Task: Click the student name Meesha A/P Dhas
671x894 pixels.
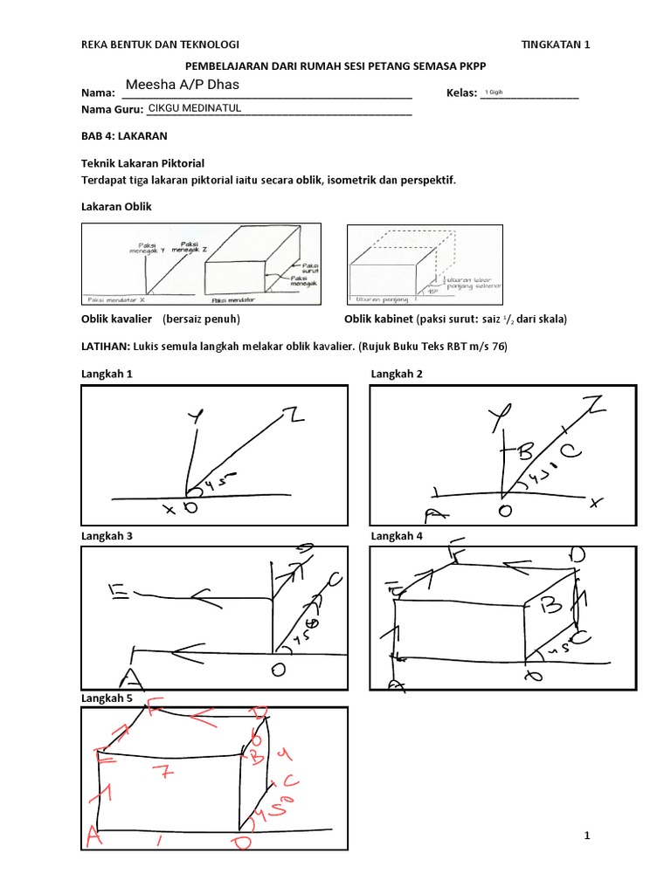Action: (182, 85)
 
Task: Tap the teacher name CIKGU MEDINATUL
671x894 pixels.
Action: (194, 108)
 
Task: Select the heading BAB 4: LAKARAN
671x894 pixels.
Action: (123, 136)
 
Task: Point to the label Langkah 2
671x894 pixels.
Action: (397, 374)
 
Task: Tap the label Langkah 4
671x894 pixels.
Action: (397, 536)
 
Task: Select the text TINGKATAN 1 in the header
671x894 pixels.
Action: (556, 45)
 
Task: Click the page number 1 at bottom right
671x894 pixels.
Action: (587, 836)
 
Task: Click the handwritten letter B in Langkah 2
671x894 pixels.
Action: (525, 451)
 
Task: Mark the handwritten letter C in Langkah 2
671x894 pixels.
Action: (567, 451)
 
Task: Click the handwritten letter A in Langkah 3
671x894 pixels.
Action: (133, 677)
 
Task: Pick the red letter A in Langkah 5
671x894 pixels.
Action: (93, 838)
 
